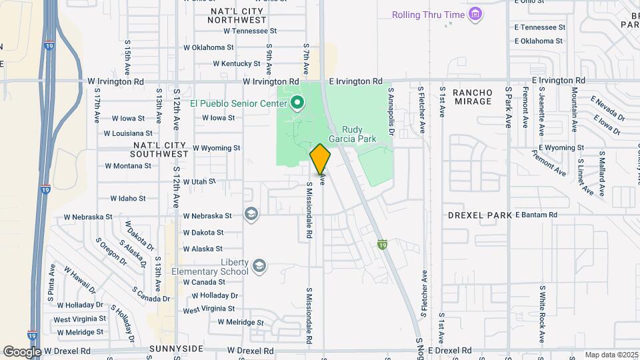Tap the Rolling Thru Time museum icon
coord(475,14)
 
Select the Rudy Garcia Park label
coord(359,134)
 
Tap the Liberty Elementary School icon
coord(259,267)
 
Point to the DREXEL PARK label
coord(480,215)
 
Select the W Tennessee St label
coord(250,31)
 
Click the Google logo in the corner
coord(22,351)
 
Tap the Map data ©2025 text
coord(611,355)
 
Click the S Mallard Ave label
coord(602,177)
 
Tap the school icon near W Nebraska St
coord(251,213)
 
